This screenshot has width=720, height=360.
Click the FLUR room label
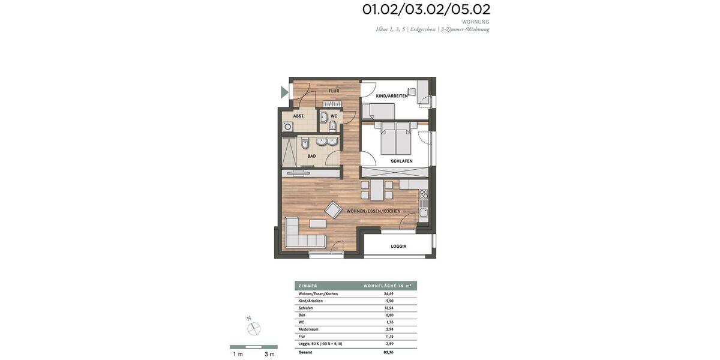pyautogui.click(x=334, y=91)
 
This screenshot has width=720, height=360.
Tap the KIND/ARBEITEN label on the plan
pyautogui.click(x=392, y=96)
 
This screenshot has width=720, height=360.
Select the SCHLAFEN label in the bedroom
pyautogui.click(x=401, y=161)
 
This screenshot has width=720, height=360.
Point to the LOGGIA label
pyautogui.click(x=398, y=246)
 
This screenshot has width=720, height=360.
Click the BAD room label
pyautogui.click(x=311, y=156)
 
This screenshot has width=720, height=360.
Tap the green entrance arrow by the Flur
pyautogui.click(x=284, y=92)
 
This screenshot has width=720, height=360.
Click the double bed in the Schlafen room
pyautogui.click(x=395, y=139)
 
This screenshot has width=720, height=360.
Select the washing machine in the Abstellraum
pyautogui.click(x=288, y=127)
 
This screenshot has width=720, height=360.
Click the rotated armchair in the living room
pyautogui.click(x=333, y=209)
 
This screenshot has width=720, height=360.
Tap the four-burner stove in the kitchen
pyautogui.click(x=424, y=194)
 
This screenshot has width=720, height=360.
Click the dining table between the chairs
pyautogui.click(x=376, y=190)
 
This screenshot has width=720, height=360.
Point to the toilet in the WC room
pyautogui.click(x=332, y=125)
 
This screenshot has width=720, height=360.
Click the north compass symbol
pyautogui.click(x=254, y=328)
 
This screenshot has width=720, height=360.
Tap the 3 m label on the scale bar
pyautogui.click(x=269, y=354)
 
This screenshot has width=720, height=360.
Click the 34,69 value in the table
pyautogui.click(x=389, y=293)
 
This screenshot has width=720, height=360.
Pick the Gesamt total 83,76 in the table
pyautogui.click(x=389, y=352)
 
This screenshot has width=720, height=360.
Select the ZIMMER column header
pyautogui.click(x=308, y=286)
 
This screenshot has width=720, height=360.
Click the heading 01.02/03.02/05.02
pyautogui.click(x=426, y=10)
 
